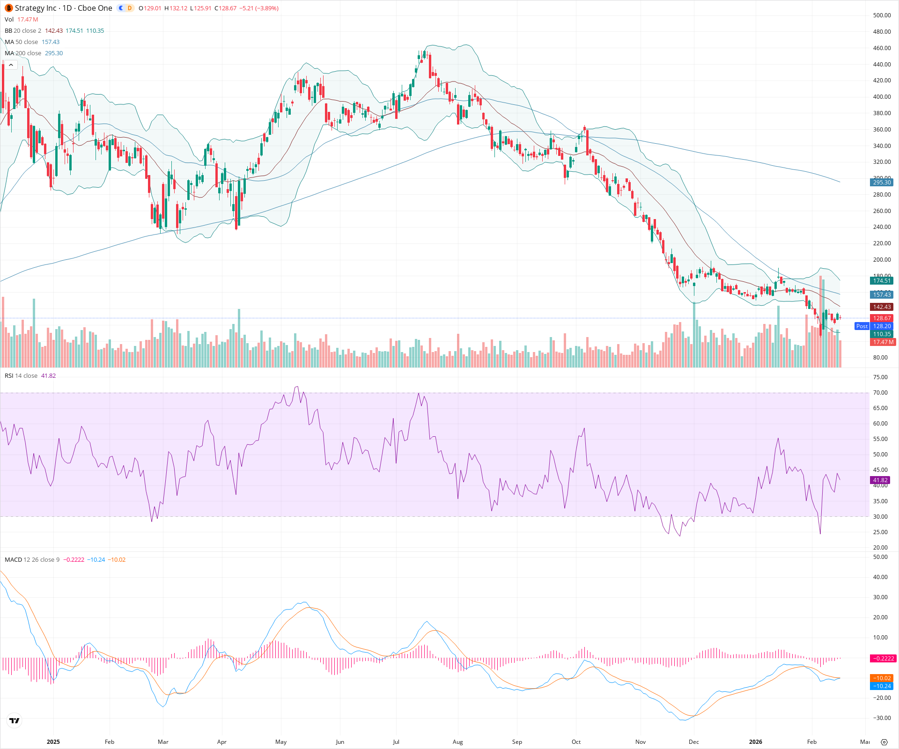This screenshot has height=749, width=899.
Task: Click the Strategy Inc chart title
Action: pos(63,8)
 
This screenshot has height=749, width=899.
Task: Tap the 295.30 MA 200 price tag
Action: pos(882,183)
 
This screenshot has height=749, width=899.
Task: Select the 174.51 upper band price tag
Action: pos(882,281)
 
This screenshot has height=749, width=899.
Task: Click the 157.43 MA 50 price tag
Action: pos(882,295)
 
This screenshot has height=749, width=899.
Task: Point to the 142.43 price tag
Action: pos(882,307)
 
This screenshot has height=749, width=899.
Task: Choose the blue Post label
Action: pos(862,326)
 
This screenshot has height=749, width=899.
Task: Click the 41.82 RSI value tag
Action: pos(880,480)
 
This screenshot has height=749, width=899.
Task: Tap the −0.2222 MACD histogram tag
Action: pos(883,659)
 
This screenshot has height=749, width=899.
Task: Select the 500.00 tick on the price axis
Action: pos(882,15)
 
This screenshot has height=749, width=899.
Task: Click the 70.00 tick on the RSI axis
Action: pos(880,393)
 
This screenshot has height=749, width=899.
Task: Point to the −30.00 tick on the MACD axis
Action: pos(880,718)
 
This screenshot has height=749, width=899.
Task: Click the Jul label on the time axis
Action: pos(396,742)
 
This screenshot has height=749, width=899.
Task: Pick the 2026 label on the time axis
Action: pos(755,742)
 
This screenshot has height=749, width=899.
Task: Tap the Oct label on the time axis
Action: pos(576,742)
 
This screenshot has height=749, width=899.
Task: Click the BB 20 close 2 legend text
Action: pos(23,31)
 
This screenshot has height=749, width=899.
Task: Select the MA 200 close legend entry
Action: pos(23,53)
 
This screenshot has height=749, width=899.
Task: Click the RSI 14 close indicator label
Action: pos(21,376)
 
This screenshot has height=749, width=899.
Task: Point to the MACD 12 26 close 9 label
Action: pos(32,560)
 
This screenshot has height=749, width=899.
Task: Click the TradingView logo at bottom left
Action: pos(15,720)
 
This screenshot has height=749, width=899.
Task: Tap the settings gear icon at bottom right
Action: pos(884,742)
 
